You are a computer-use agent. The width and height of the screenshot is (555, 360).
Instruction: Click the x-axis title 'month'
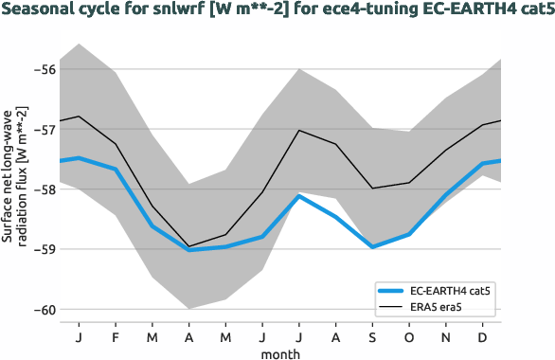point(281,352)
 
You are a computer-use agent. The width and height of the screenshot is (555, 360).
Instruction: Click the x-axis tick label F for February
point(116,336)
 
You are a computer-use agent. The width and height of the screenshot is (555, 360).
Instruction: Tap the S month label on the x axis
point(372,336)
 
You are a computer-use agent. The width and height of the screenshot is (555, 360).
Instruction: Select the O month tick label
point(410,336)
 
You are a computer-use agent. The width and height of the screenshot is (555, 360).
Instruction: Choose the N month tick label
point(447,336)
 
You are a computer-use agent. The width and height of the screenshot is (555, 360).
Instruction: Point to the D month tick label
point(484,336)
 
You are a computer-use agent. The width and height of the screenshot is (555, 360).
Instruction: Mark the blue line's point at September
point(372,247)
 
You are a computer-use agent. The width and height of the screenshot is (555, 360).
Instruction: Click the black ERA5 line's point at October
point(410,183)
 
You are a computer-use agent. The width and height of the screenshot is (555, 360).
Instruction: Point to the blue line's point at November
point(447,195)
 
